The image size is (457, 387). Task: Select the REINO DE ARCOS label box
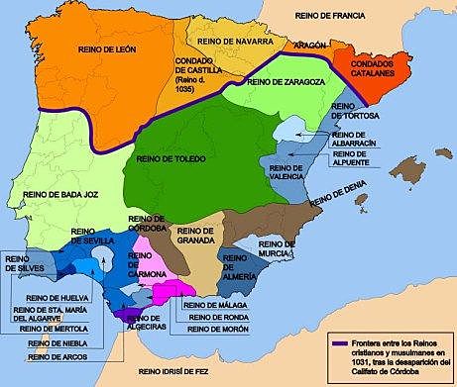coord(58,358)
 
